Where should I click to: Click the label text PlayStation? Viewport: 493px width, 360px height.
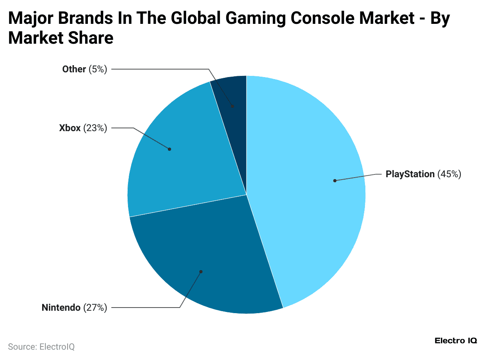coord(410,174)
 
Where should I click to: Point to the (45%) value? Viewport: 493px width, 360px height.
coord(449,174)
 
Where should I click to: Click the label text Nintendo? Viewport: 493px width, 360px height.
coord(61,308)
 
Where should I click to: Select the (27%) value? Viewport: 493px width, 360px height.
coord(95,308)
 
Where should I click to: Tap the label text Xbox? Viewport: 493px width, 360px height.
coord(70,128)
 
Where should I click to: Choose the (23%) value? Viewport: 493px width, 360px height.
coord(95,128)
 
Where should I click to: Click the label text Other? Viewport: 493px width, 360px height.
coord(74,69)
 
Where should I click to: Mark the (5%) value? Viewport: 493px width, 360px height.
coord(98,69)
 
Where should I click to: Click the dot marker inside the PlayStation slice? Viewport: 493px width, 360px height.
coord(335,180)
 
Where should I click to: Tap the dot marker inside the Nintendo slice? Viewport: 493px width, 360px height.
coord(201,272)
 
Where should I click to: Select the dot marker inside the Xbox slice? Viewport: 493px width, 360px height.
coord(169,149)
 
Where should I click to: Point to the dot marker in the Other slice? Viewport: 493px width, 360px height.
coord(233,106)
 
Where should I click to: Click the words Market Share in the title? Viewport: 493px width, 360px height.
coord(61,38)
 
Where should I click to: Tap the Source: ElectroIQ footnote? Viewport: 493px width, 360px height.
coord(41,346)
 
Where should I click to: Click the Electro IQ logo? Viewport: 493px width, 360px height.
coord(456,341)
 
